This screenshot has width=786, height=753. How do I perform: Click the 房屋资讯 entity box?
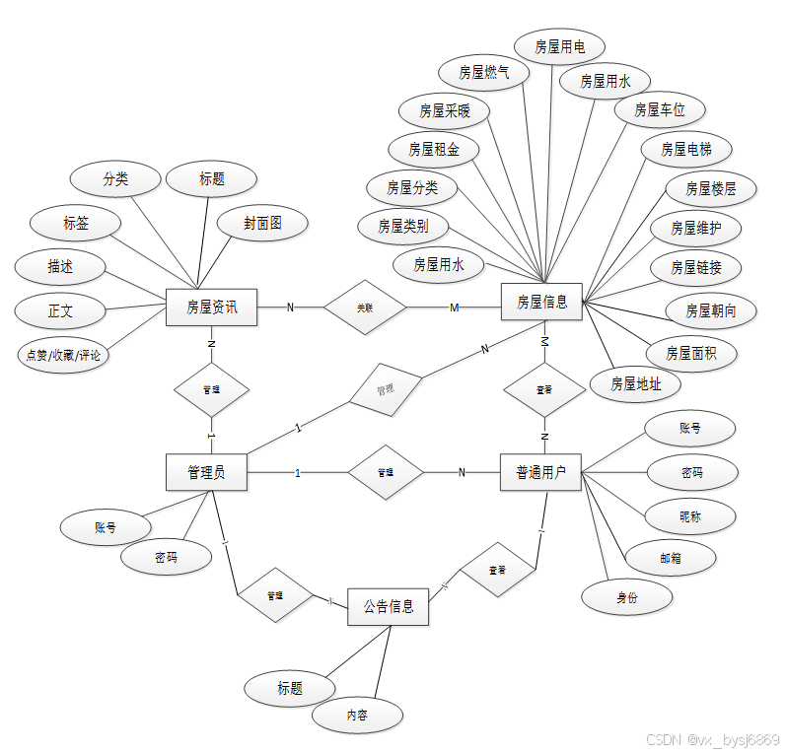211,308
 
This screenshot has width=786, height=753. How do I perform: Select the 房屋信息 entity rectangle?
541,303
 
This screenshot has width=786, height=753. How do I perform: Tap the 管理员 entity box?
205,472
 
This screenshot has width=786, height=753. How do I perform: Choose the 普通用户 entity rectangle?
540,472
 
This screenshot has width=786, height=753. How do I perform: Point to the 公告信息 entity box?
388,605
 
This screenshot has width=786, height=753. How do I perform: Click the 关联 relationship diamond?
365,308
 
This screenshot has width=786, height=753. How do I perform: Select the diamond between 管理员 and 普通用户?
386,473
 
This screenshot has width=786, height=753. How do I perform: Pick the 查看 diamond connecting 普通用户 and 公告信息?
498,570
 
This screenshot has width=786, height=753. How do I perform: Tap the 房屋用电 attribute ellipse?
560,45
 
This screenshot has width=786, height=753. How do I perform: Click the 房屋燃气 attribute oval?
484,72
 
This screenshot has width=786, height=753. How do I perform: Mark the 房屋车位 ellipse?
659,109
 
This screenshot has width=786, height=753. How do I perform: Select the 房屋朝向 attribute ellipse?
711,311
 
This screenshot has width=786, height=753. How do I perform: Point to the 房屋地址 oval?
635,383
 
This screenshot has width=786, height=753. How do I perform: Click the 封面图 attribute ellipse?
262,224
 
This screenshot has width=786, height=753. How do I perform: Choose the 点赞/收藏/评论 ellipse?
62,355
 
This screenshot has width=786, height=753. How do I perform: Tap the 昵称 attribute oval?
691,515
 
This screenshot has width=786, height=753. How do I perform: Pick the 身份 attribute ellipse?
627,596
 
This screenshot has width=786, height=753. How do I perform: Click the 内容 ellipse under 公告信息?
357,716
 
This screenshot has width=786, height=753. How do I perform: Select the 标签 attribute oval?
76,224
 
